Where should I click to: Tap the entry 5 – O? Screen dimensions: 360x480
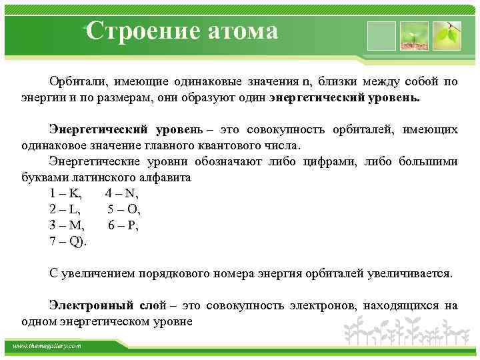[124, 209]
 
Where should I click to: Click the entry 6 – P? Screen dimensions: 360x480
[123, 225]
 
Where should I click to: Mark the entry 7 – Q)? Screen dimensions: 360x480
[68, 241]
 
